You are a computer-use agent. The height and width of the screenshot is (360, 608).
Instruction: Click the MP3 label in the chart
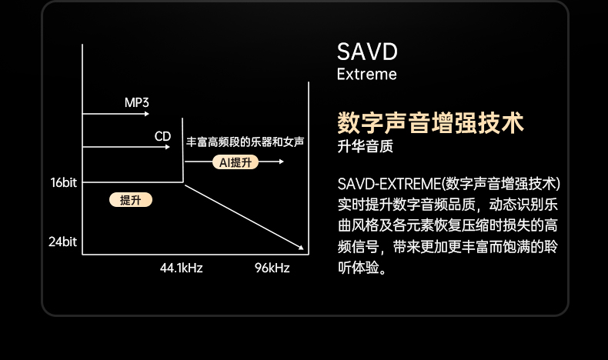tap(136, 102)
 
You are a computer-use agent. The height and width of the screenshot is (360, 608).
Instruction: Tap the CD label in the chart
tap(162, 136)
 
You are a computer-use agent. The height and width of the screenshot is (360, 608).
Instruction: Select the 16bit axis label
tap(64, 182)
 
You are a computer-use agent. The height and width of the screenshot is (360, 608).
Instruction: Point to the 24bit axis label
tap(63, 242)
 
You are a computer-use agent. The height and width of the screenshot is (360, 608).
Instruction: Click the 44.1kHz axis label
tap(182, 268)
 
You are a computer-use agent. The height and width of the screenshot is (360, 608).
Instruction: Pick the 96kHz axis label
tap(272, 268)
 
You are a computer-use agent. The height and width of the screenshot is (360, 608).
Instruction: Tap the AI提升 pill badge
tap(236, 162)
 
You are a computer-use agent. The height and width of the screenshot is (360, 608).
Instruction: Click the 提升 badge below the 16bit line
tap(131, 200)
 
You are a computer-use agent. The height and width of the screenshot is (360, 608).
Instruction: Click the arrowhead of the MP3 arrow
tap(146, 114)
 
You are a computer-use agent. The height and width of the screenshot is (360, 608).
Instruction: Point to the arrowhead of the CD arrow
tap(168, 147)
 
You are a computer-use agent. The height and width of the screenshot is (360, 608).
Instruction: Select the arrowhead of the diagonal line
tap(300, 247)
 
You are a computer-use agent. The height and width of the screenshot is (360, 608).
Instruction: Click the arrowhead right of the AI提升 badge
tap(282, 162)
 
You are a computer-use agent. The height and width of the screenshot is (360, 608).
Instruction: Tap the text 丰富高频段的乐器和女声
tap(245, 142)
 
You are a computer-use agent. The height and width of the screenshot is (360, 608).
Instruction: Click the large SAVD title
tap(367, 52)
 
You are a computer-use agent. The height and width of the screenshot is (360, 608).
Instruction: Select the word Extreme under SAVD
tap(367, 74)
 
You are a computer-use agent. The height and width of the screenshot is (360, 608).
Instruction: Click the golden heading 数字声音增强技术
tap(430, 123)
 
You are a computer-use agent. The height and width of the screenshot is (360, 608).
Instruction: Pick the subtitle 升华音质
tap(366, 146)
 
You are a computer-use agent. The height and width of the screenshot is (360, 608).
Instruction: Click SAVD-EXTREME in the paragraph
tap(389, 184)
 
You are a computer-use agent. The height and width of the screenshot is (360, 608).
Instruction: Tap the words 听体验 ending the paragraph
tap(358, 268)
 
